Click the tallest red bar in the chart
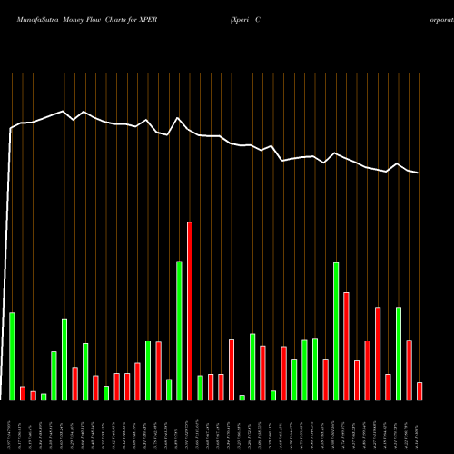tap(190, 311)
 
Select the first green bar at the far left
tap(12, 356)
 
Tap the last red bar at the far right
tap(419, 391)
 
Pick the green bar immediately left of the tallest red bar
tap(179, 331)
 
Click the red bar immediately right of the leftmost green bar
tap(23, 393)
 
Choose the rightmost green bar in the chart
tap(399, 353)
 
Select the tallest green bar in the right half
tap(336, 331)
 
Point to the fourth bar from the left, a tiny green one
tap(44, 397)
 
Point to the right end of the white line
tap(418, 173)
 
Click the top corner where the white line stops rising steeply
tap(11, 129)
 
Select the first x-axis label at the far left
tap(12, 427)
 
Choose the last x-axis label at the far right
tap(419, 427)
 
